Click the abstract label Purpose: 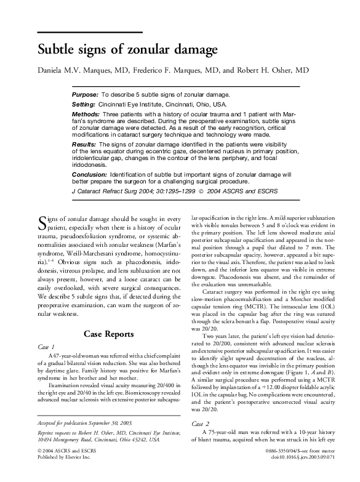85,95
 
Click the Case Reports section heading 108,334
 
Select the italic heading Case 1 47,347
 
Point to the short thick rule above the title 90,32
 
